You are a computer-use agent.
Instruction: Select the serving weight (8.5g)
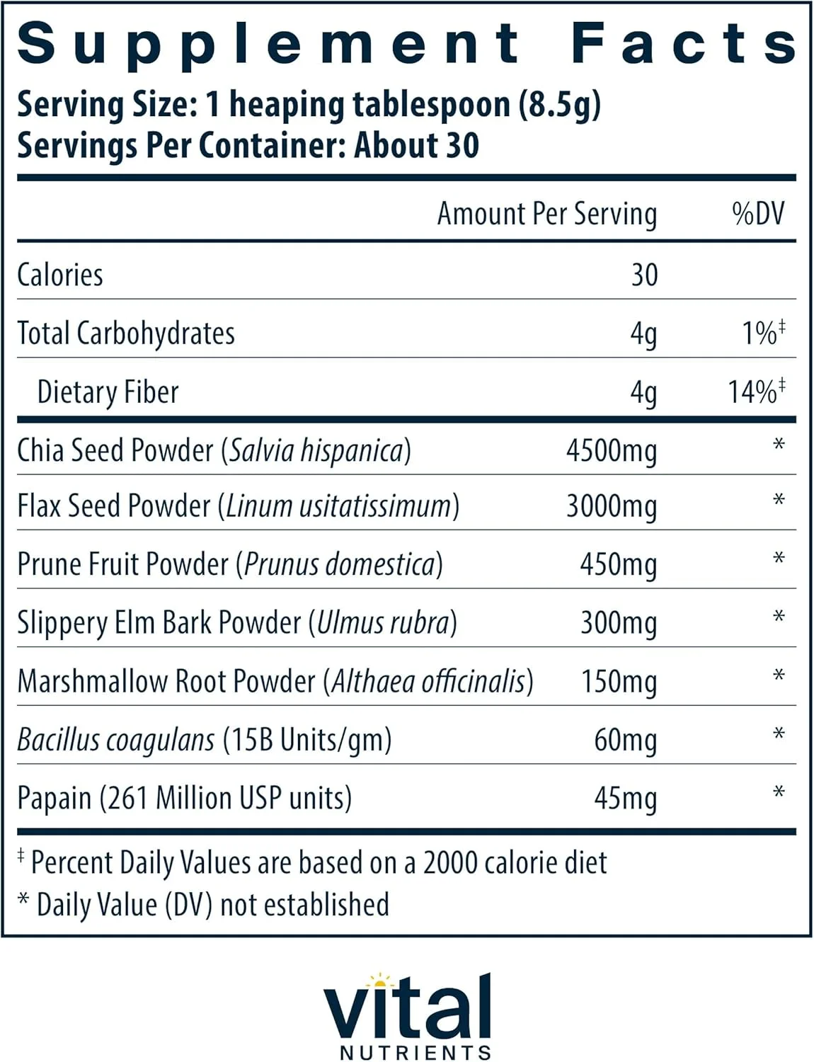click(x=559, y=105)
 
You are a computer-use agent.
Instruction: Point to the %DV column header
click(x=758, y=213)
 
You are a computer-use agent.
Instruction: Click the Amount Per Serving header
click(x=547, y=213)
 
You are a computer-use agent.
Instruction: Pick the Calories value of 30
click(x=644, y=275)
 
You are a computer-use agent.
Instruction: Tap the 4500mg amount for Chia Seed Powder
click(x=612, y=451)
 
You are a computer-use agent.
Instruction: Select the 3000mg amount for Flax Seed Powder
click(x=612, y=507)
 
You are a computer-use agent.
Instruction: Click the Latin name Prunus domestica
click(x=339, y=564)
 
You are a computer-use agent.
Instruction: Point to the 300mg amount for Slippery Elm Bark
click(x=619, y=623)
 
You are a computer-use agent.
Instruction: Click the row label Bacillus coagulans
click(x=115, y=740)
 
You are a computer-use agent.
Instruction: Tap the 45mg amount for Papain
click(x=625, y=798)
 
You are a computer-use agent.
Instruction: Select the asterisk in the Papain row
click(x=779, y=792)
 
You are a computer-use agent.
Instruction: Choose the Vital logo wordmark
click(x=408, y=1008)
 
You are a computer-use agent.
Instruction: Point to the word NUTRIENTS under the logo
click(x=415, y=1053)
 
